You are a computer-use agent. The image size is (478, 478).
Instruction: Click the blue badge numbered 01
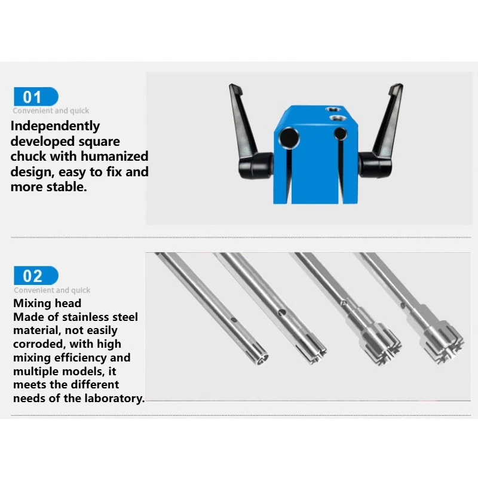pyautogui.click(x=36, y=97)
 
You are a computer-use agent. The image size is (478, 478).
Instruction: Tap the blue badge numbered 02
pyautogui.click(x=36, y=275)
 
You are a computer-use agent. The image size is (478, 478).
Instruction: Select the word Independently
pyautogui.click(x=55, y=126)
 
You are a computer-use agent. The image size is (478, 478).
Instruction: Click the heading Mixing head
pyautogui.click(x=47, y=303)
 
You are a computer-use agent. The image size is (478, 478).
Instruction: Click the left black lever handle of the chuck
pyautogui.click(x=249, y=131)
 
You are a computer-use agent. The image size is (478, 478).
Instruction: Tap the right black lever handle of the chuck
pyautogui.click(x=382, y=130)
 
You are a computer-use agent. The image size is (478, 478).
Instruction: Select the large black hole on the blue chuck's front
pyautogui.click(x=289, y=138)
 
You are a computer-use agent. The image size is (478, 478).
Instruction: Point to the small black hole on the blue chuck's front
pyautogui.click(x=340, y=133)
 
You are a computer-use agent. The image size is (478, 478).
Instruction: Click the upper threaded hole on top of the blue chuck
pyautogui.click(x=333, y=109)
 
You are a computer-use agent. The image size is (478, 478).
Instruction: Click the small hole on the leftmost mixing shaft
pyautogui.click(x=234, y=320)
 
